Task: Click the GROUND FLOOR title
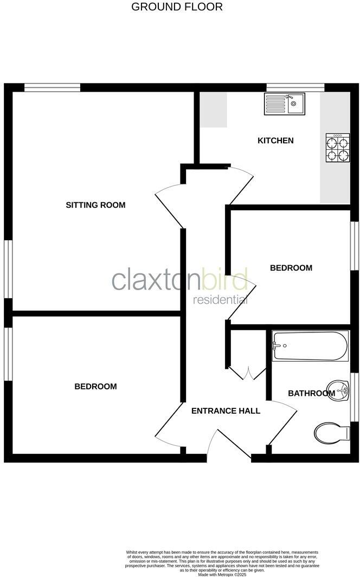click(x=177, y=7)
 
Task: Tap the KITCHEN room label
click(x=275, y=140)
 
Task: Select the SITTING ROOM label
click(x=95, y=205)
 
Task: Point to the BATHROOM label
click(x=311, y=393)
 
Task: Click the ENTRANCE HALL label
click(x=226, y=411)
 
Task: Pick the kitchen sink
click(x=285, y=103)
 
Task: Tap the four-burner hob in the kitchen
click(x=336, y=148)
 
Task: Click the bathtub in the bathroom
click(x=310, y=347)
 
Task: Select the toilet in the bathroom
click(x=331, y=432)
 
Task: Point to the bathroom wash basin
click(x=342, y=389)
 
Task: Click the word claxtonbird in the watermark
click(x=179, y=280)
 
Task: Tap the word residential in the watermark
click(x=221, y=299)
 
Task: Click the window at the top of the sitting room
click(x=53, y=87)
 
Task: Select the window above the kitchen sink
click(x=295, y=87)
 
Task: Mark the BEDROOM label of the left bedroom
click(x=95, y=386)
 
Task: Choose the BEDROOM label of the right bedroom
click(x=291, y=267)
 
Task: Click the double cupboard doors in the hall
click(x=247, y=374)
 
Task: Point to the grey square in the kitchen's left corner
click(x=213, y=110)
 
